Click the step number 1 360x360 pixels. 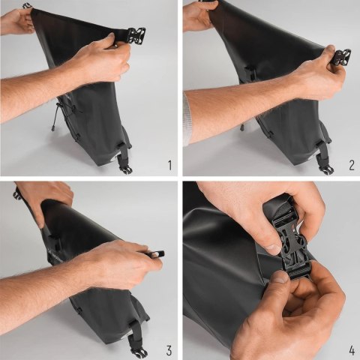pyautogui.click(x=169, y=164)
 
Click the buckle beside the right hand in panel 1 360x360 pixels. pyautogui.click(x=136, y=35)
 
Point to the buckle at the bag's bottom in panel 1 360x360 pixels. pyautogui.click(x=124, y=167)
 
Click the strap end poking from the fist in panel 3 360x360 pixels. pyautogui.click(x=157, y=255)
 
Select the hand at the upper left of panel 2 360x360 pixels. pyautogui.click(x=199, y=16)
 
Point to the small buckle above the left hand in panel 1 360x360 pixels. pyautogui.click(x=27, y=6)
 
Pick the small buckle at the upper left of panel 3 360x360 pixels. pyautogui.click(x=16, y=193)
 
